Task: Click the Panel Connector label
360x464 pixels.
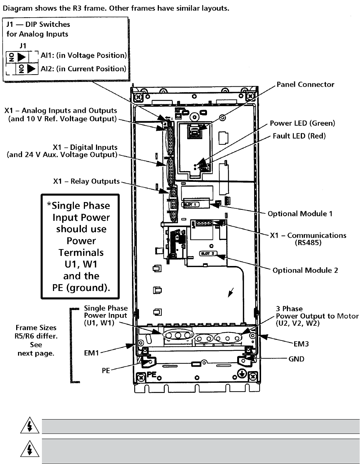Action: tap(305, 84)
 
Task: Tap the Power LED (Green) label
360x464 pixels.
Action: tap(303, 123)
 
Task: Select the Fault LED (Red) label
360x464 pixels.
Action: tap(299, 136)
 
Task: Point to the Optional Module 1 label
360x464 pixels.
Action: tap(300, 214)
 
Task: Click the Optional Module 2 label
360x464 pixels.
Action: tap(305, 270)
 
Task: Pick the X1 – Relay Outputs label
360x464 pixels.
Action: tap(86, 181)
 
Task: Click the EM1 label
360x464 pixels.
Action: tap(92, 352)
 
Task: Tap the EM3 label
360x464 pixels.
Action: tap(301, 344)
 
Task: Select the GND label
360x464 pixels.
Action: tap(296, 359)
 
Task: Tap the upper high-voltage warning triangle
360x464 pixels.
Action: tap(28, 427)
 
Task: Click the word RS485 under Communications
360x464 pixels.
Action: tap(308, 243)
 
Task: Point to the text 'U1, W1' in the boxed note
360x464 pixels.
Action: tap(81, 264)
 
